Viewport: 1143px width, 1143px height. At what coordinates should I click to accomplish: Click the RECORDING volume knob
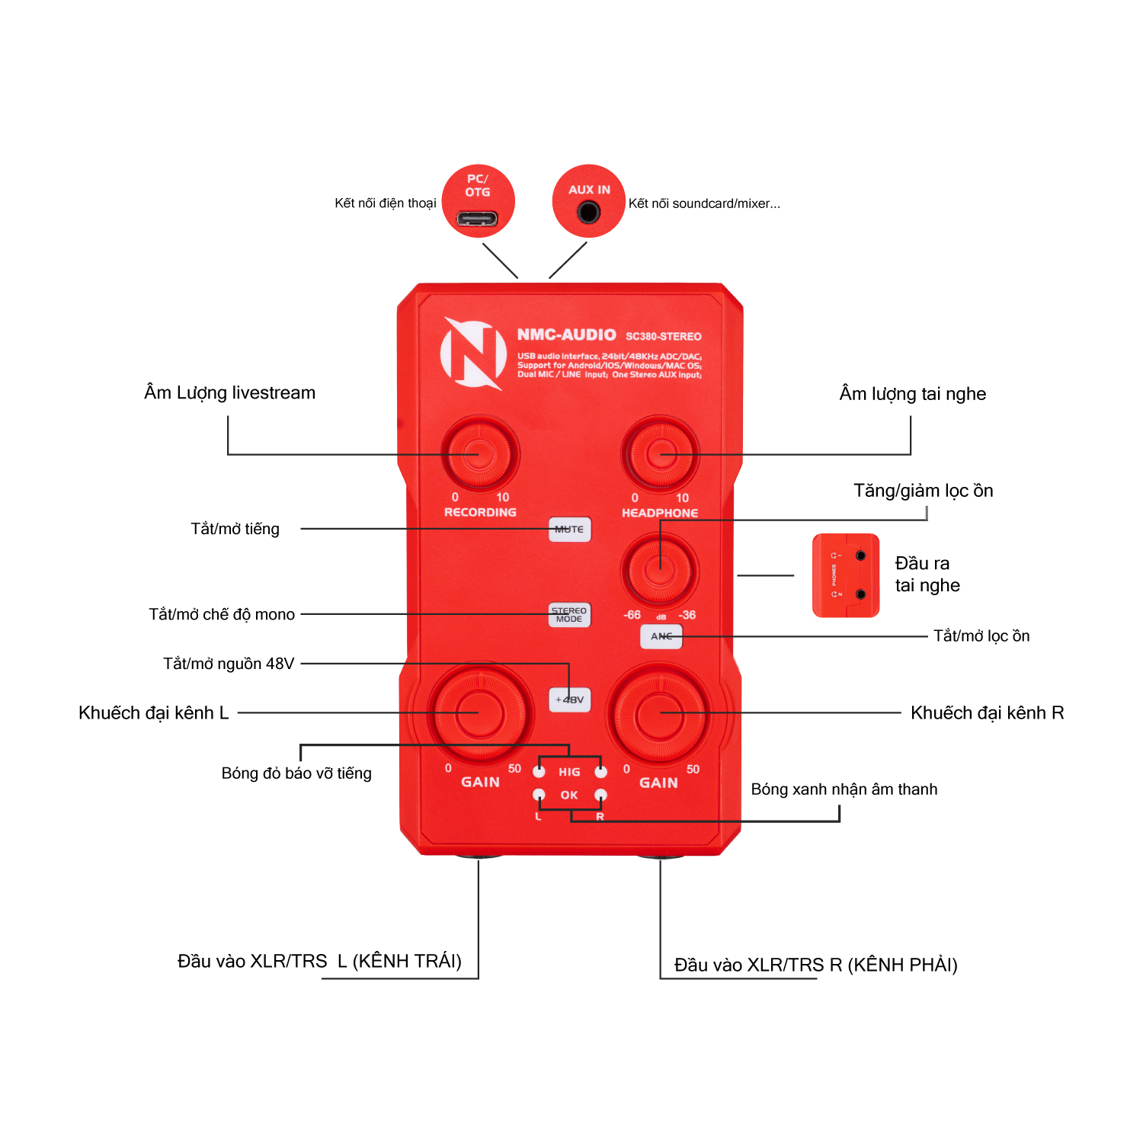[x=479, y=454]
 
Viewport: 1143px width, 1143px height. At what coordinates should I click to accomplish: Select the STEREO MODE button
[x=569, y=615]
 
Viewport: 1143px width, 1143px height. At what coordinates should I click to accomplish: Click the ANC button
[x=661, y=636]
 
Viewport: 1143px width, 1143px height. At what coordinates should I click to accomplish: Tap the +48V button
[x=570, y=700]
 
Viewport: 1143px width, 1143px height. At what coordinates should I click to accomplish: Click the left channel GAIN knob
[x=479, y=713]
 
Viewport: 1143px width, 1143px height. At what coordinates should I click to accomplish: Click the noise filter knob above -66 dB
[x=660, y=568]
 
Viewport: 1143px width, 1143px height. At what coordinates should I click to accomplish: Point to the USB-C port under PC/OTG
[x=477, y=219]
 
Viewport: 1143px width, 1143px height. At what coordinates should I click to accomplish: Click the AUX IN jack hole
[x=588, y=212]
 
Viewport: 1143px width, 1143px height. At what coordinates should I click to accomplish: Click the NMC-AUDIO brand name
[x=566, y=335]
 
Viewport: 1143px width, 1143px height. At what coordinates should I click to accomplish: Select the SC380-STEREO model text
[x=663, y=336]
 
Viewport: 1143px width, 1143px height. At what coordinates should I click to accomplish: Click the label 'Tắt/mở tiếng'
[x=235, y=529]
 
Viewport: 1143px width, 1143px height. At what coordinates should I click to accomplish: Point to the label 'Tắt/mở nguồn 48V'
[x=229, y=664]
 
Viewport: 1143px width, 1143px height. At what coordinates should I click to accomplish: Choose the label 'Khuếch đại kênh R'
[x=987, y=713]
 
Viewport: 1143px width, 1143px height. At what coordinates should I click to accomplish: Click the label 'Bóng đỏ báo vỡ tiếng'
[x=296, y=773]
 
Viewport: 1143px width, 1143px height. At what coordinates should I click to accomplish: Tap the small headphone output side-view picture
[x=846, y=575]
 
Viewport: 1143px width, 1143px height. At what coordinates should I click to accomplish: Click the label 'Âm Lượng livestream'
[x=229, y=393]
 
